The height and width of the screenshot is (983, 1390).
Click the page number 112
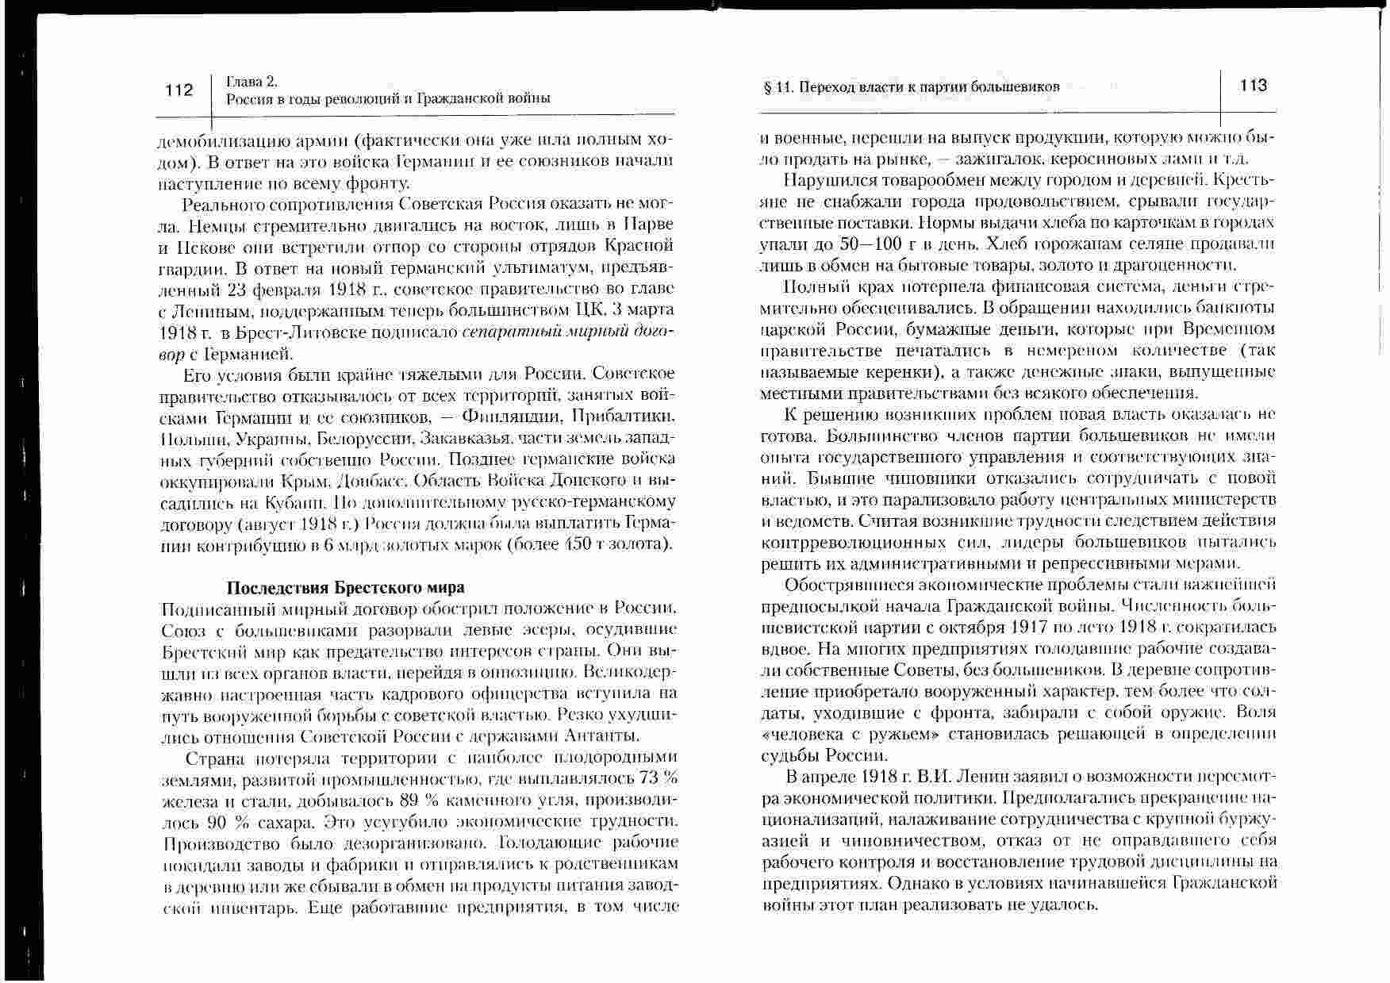click(179, 90)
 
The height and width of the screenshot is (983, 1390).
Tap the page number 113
click(1253, 86)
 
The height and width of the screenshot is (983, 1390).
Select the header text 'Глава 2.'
click(252, 81)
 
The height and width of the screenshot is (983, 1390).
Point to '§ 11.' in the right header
click(778, 86)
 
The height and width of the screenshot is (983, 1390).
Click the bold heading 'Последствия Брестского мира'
click(345, 588)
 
